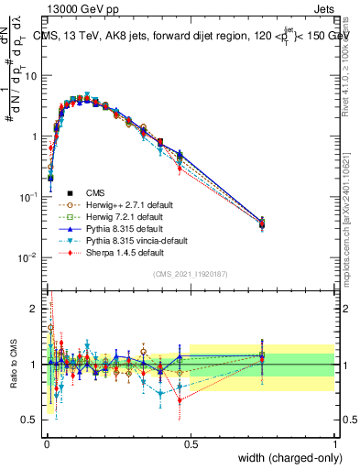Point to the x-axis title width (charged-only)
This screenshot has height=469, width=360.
281,458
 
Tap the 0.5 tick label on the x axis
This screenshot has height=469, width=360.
190,443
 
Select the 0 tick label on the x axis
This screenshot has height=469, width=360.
46,443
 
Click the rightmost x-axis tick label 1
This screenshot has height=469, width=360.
334,443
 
